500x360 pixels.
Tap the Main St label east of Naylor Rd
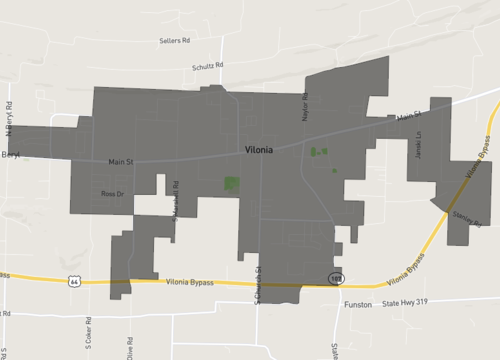click(x=405, y=118)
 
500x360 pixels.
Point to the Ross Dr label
click(x=112, y=193)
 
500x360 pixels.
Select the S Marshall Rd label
click(x=175, y=199)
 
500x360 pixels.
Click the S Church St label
click(x=257, y=286)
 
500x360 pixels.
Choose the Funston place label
click(x=358, y=303)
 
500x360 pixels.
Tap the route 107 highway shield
click(x=337, y=275)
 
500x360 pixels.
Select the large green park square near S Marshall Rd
click(x=231, y=184)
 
